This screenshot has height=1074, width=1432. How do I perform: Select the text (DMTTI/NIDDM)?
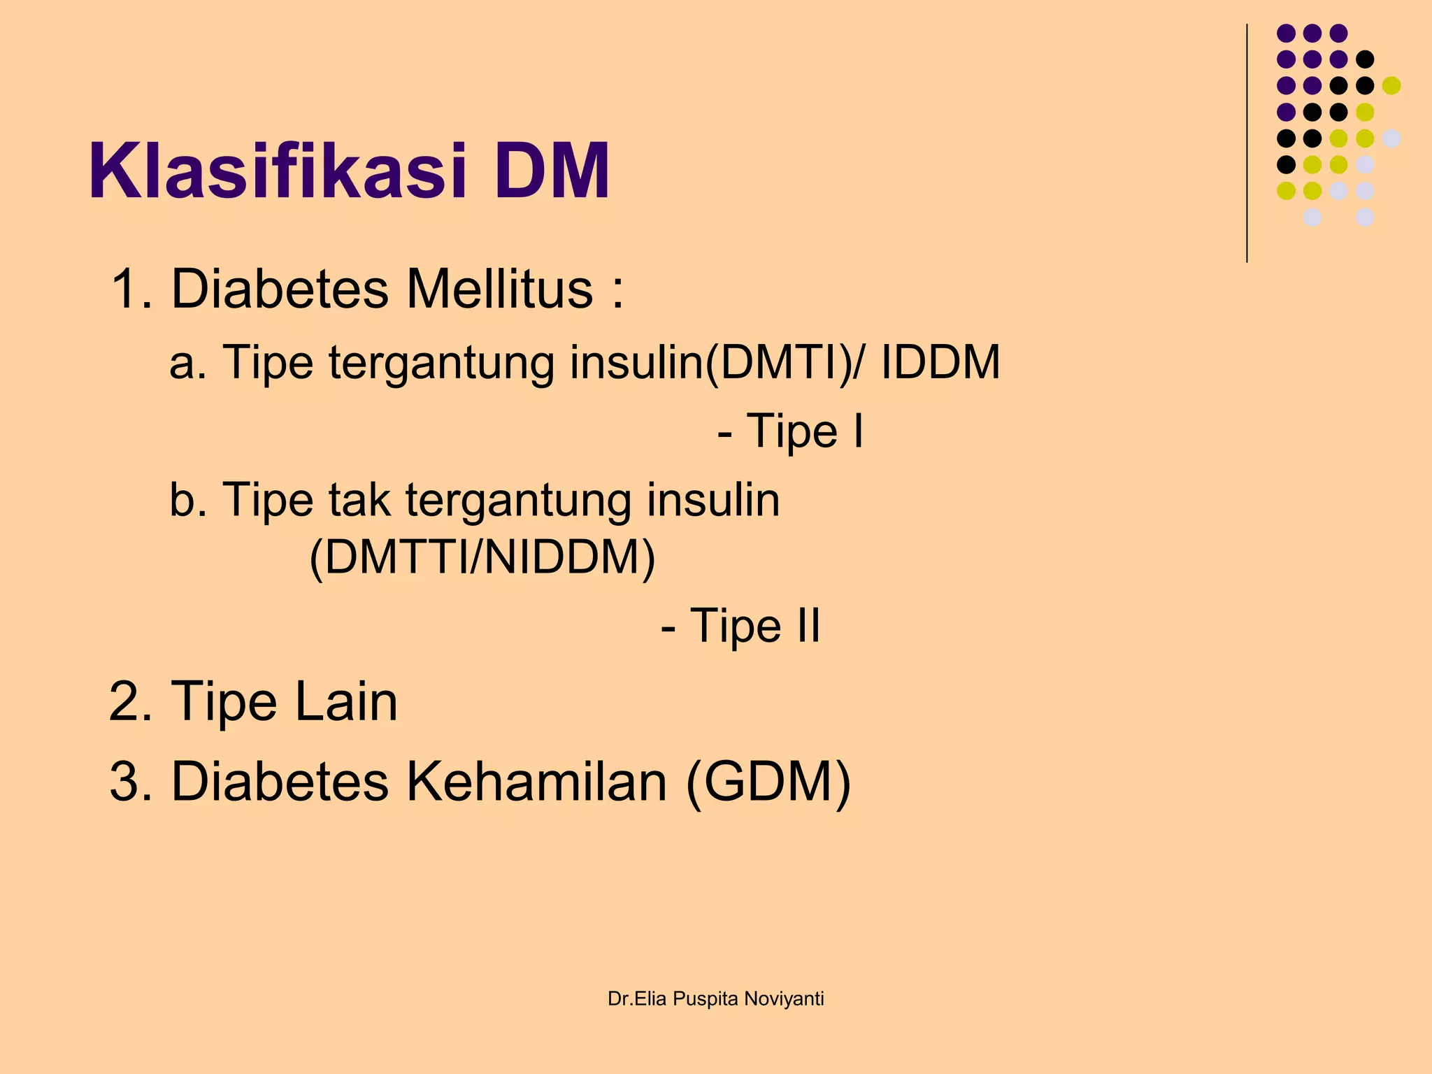point(482,558)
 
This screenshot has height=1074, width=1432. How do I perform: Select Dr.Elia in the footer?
point(637,999)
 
